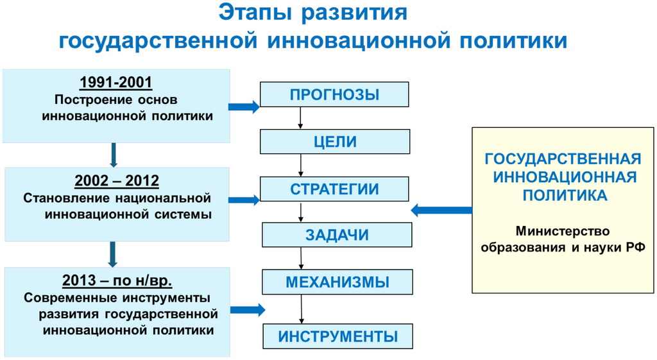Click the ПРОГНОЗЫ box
tap(334, 94)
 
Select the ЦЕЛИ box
tap(334, 142)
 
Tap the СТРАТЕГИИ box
tap(334, 189)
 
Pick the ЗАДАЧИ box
tap(337, 235)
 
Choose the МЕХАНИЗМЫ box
tap(337, 282)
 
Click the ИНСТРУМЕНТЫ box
tap(337, 336)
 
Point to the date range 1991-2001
tap(115, 83)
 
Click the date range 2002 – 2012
tap(117, 181)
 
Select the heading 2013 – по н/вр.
tap(117, 281)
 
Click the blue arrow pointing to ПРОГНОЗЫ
tap(244, 107)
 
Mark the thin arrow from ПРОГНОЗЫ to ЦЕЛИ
tap(300, 118)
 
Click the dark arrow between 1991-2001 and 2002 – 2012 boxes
tap(114, 155)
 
